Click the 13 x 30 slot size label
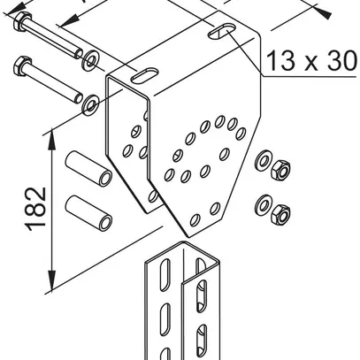pyautogui.click(x=311, y=61)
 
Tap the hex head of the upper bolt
pyautogui.click(x=19, y=21)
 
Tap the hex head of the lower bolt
pyautogui.click(x=21, y=66)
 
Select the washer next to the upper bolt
pyautogui.click(x=90, y=61)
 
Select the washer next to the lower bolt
pyautogui.click(x=91, y=104)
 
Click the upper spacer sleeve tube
pyautogui.click(x=88, y=169)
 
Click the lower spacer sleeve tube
pyautogui.click(x=88, y=213)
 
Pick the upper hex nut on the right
pyautogui.click(x=280, y=169)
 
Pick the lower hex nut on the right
pyautogui.click(x=280, y=213)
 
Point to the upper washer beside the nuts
pyautogui.click(x=263, y=161)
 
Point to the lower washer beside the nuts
pyautogui.click(x=262, y=204)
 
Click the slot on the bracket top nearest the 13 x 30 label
pyautogui.click(x=222, y=31)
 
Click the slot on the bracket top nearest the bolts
pyautogui.click(x=144, y=75)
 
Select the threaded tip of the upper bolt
pyautogui.click(x=79, y=54)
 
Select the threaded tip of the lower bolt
pyautogui.click(x=79, y=98)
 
